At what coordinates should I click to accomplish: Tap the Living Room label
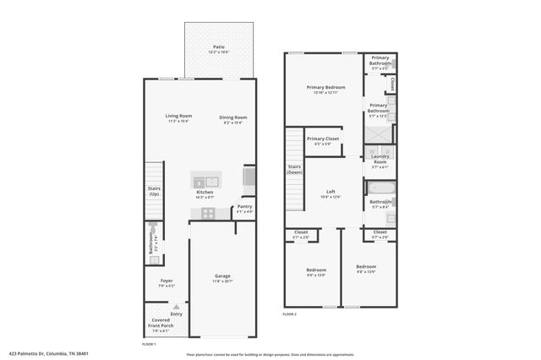coord(178,117)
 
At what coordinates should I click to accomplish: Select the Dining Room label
coord(232,118)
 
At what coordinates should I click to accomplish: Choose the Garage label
coord(222,276)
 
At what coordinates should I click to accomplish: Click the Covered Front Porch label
coord(160,325)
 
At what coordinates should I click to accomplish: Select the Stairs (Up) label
coord(154,191)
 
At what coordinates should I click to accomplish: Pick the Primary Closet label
coord(322,139)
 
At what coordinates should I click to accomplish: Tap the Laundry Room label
coord(380,158)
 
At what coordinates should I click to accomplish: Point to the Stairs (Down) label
coord(293,170)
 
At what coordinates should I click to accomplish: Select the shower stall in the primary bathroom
coord(380,134)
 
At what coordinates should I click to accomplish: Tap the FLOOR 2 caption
coord(290,313)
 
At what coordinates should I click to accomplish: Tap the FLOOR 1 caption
coord(148,344)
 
